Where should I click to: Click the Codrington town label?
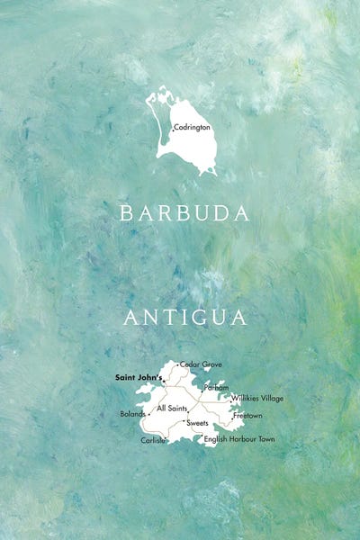(192, 128)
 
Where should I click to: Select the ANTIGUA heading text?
(185, 318)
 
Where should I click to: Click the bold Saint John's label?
(137, 377)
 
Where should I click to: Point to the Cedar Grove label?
(202, 364)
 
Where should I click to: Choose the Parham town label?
(217, 388)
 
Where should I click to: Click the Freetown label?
(247, 416)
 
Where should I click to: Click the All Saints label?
(172, 409)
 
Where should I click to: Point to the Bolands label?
(131, 415)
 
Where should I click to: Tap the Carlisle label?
(153, 440)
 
